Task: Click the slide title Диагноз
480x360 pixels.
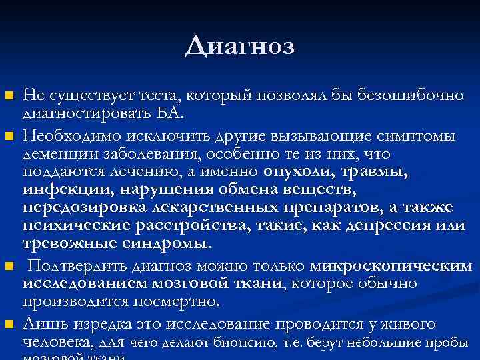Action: tap(239, 46)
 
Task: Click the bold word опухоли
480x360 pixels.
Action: tap(299, 171)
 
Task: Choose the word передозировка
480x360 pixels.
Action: tap(79, 207)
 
